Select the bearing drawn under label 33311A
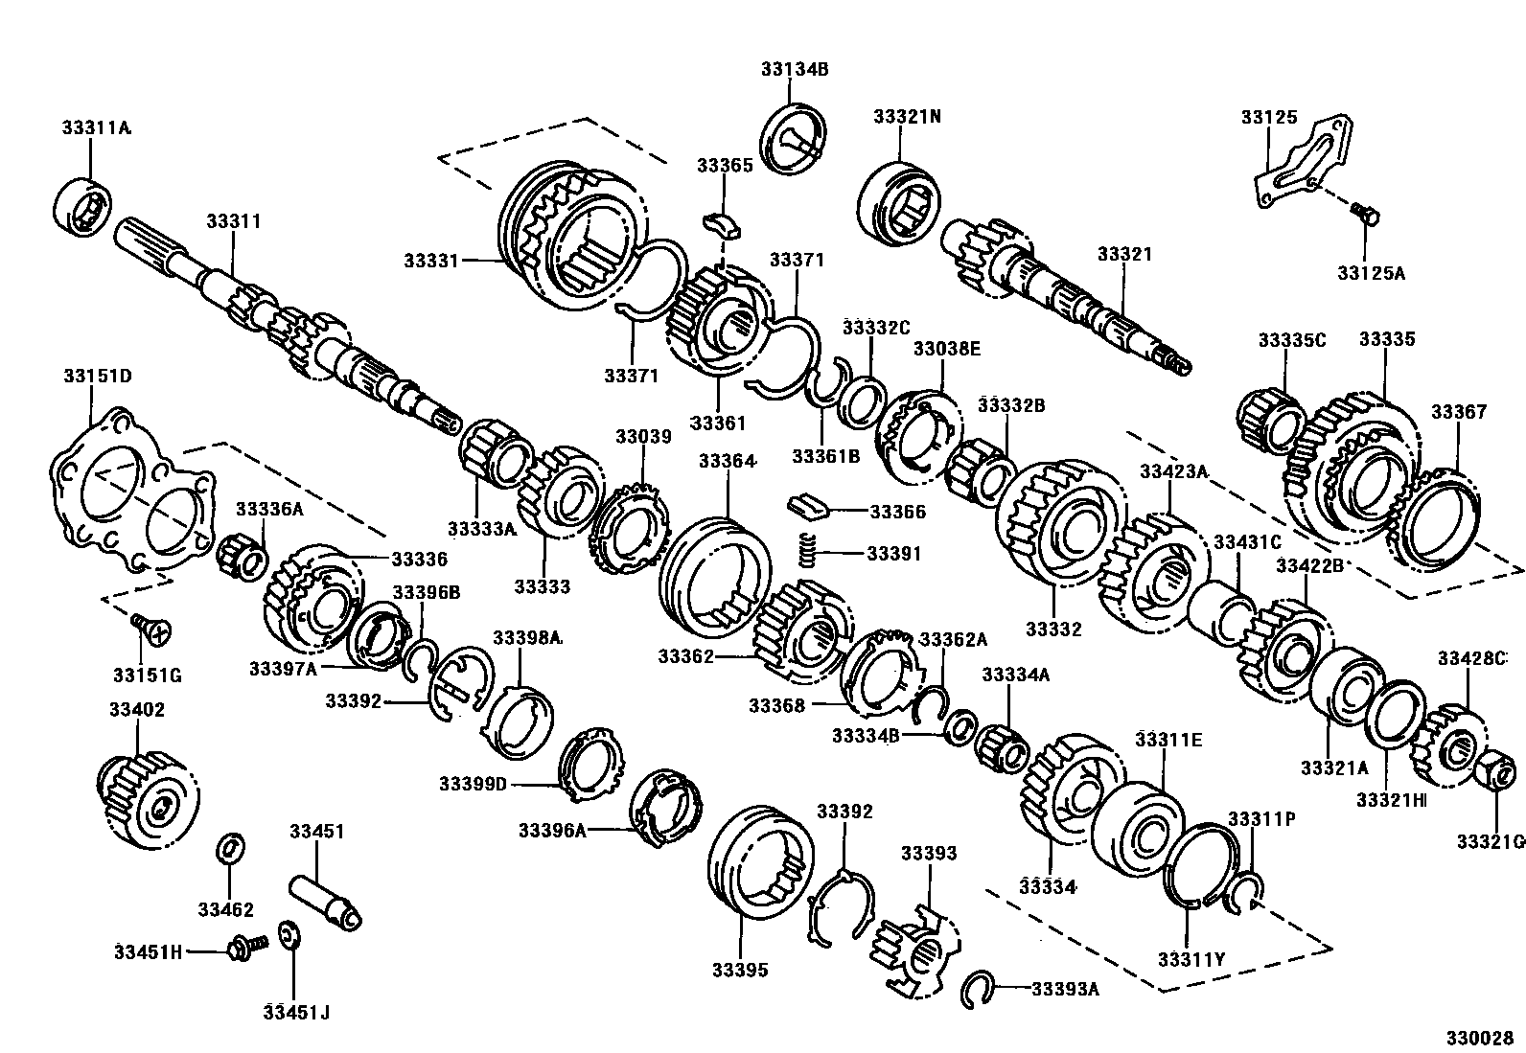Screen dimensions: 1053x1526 click(82, 204)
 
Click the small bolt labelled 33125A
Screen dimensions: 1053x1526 click(1365, 213)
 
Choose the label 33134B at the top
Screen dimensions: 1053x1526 click(795, 69)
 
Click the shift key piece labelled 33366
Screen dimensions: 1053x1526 click(807, 504)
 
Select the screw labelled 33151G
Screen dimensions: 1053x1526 click(151, 628)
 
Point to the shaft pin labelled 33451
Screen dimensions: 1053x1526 click(327, 900)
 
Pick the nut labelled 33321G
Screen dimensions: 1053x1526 click(1497, 768)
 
